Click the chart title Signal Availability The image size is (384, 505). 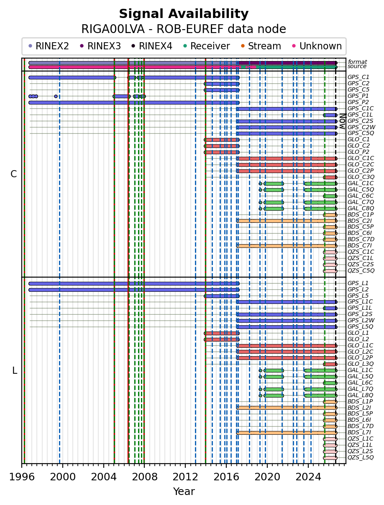coord(184,14)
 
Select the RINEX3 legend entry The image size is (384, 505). coord(101,46)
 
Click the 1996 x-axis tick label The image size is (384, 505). coord(22,477)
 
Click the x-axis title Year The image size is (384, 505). coord(184,492)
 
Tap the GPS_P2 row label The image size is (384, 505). coord(358,102)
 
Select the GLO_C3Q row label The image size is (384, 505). coord(361,177)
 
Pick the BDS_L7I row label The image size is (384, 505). coord(359,432)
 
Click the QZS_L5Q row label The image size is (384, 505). coord(361,457)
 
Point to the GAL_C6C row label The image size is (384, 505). coord(361,196)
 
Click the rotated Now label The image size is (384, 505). coord(343,121)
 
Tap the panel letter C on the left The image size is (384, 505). coord(13,174)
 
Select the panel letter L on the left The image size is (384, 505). coord(15,370)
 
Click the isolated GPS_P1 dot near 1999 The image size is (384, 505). coord(56,96)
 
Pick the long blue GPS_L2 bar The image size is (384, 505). coord(134,290)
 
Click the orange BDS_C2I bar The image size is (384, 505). coord(287,221)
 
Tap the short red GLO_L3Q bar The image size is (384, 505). coord(330,364)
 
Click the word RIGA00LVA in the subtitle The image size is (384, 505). coord(113,29)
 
